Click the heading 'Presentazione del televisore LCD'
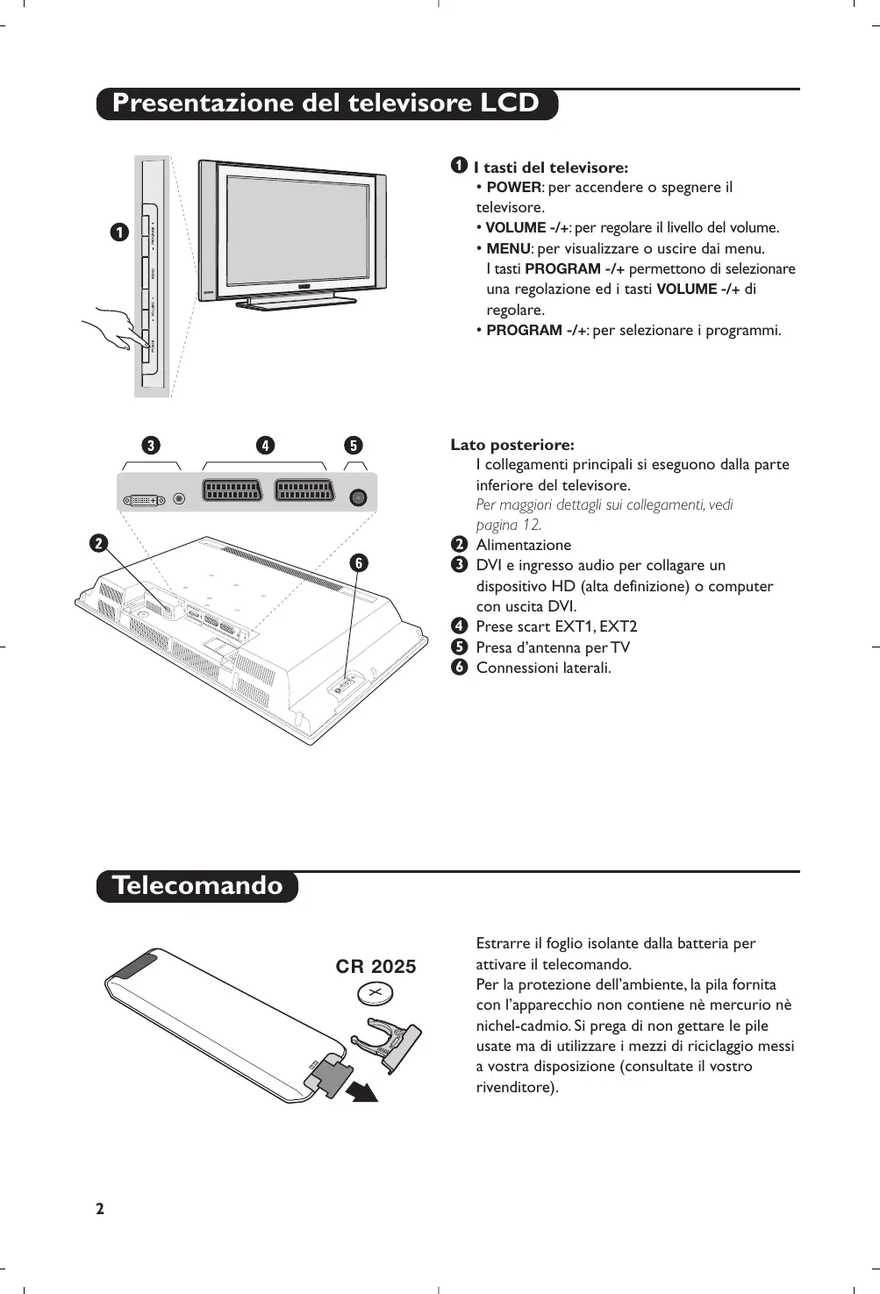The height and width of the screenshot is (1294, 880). pos(326,104)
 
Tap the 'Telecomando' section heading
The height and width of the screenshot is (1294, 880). pos(197,885)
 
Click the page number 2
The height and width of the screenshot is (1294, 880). pos(100,1208)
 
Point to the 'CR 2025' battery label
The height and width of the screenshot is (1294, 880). pos(376,966)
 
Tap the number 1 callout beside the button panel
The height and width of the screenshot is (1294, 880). pos(119,232)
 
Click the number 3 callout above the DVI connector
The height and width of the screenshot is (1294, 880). pos(152,446)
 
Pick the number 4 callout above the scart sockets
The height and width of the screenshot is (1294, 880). pos(265,446)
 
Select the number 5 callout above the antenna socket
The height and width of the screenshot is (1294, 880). pos(354,446)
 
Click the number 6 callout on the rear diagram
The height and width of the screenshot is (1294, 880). pos(358,563)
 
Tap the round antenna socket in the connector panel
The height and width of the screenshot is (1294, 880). pos(357,497)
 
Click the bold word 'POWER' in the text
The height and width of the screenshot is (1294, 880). pos(513,187)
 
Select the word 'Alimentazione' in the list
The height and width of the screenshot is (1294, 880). pos(523,545)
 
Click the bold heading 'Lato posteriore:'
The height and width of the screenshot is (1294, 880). pos(512,445)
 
